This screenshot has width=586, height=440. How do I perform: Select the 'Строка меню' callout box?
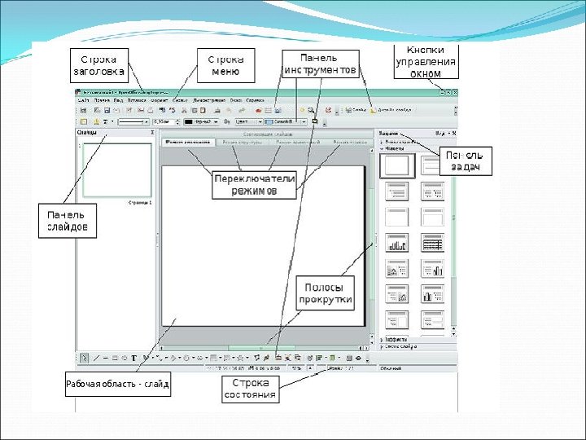tap(226, 65)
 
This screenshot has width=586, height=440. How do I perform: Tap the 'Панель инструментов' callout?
tap(319, 64)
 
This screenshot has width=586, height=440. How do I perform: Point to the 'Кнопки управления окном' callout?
tap(425, 61)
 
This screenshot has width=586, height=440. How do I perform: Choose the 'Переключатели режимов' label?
tap(255, 184)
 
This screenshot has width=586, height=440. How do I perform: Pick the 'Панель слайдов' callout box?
tap(67, 220)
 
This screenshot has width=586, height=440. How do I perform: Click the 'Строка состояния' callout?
tap(251, 389)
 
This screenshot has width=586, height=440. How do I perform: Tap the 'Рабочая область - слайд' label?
tap(117, 385)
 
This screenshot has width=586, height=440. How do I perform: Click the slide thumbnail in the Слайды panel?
tap(117, 169)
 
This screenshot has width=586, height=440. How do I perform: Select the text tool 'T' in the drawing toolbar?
tap(133, 358)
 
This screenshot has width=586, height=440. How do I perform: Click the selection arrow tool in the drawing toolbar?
tap(85, 358)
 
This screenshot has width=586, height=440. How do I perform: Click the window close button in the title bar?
tap(455, 93)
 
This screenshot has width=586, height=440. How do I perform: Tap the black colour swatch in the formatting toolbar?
tap(188, 121)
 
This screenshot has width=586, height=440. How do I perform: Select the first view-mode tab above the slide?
tap(187, 142)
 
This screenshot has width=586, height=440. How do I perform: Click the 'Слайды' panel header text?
tap(87, 131)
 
